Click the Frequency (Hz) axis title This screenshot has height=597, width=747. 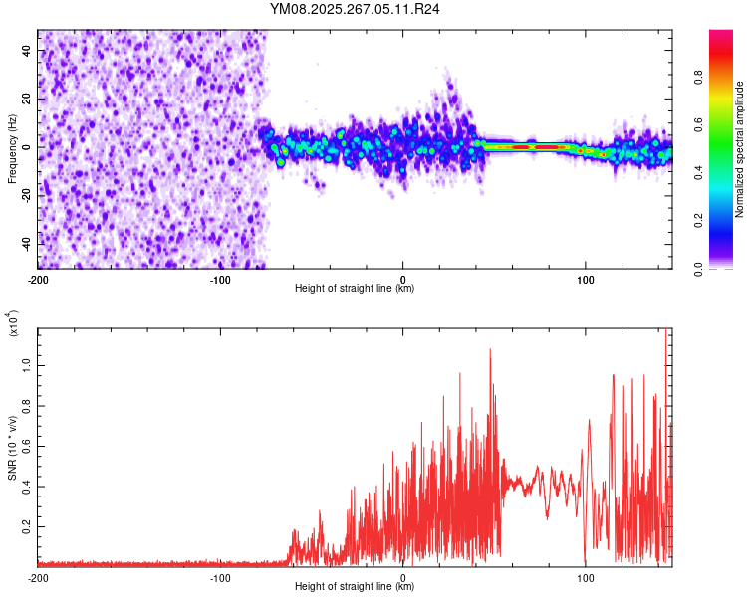[x=11, y=149]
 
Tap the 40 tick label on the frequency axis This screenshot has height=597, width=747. [x=27, y=50]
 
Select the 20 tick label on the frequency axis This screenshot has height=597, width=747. [x=27, y=99]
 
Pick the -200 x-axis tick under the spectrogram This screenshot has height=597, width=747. [x=38, y=278]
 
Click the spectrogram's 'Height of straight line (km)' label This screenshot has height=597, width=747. [x=355, y=288]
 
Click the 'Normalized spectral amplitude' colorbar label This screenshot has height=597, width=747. [x=740, y=149]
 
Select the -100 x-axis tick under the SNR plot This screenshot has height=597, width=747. [x=220, y=576]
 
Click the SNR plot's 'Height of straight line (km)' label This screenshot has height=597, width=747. [x=355, y=586]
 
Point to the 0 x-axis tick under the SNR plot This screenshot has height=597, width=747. [x=403, y=576]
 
